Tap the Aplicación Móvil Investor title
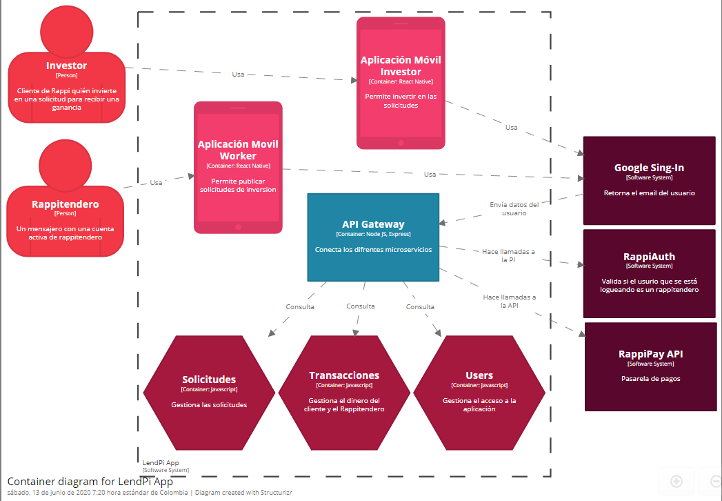coord(401,66)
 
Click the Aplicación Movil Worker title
coord(238,150)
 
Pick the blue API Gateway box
coord(373,237)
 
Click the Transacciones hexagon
coord(344,392)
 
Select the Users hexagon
coord(479,392)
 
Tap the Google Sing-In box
coord(649,180)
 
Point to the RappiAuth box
coord(649,272)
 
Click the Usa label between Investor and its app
coord(238,74)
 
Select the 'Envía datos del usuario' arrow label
coord(514,208)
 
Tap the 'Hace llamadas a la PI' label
coord(508,256)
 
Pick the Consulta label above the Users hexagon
coord(420,306)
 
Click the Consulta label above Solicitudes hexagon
coord(300,306)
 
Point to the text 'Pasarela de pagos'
coord(650,378)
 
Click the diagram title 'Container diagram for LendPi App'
coord(90,481)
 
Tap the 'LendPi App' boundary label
coord(160,463)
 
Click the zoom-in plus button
coord(676,480)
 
